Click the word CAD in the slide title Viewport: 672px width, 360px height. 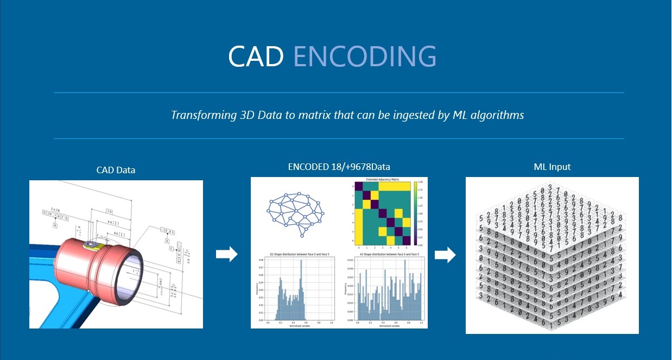coord(256,55)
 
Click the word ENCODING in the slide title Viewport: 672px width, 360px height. coord(365,55)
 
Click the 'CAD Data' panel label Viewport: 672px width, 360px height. coord(116,170)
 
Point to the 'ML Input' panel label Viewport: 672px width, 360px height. coord(552,167)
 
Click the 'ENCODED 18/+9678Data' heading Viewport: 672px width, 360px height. coord(339,167)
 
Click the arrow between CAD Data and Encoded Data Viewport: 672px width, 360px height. coord(226,254)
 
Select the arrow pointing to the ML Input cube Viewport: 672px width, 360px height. coord(445,254)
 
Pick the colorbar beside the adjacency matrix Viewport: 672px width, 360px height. coord(416,213)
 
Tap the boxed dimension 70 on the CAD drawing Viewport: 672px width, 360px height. coord(109,210)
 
